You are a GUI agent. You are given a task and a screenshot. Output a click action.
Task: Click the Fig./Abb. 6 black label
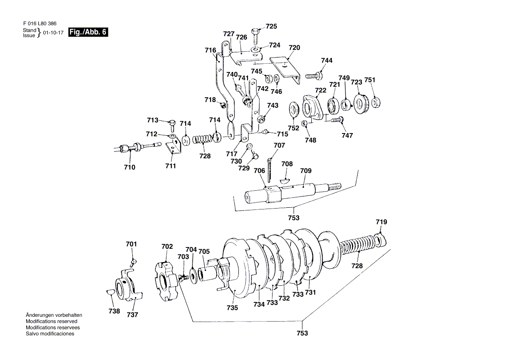[x=88, y=32]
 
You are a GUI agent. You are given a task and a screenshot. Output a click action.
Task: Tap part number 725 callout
[x=271, y=27]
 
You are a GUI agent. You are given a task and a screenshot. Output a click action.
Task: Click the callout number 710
[x=130, y=167]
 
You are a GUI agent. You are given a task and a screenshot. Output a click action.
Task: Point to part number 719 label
[x=381, y=222]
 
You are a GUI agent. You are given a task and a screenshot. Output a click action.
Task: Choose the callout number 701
[x=131, y=244]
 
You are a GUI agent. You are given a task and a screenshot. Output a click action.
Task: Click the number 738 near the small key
[x=114, y=311]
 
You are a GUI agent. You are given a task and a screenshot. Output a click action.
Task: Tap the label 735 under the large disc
[x=232, y=308]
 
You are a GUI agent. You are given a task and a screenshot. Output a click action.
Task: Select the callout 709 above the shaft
[x=306, y=171]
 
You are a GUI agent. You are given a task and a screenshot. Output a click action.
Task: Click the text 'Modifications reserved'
[x=52, y=321]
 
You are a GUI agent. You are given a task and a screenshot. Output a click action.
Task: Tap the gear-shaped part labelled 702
[x=166, y=279]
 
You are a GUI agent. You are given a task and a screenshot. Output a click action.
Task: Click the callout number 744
[x=327, y=61]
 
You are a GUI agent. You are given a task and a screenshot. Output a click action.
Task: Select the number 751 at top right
[x=370, y=80]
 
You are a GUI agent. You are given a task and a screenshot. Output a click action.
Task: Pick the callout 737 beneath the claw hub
[x=132, y=315]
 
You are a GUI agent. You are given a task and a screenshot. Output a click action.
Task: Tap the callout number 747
[x=347, y=136]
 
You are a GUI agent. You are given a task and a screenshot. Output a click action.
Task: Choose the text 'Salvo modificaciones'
[x=50, y=334]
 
